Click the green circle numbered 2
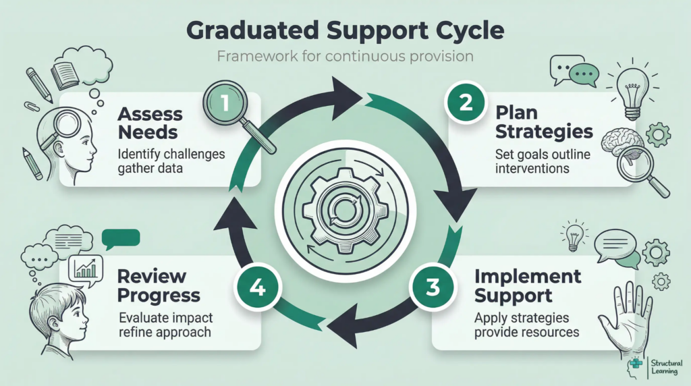[x=466, y=103]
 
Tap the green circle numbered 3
[x=433, y=287]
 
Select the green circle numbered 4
[x=257, y=288]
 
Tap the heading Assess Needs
[x=150, y=123]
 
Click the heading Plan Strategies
[x=544, y=122]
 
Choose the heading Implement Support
[x=528, y=285]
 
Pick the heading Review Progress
[x=159, y=285]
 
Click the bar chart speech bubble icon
[x=85, y=270]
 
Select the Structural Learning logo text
[x=666, y=367]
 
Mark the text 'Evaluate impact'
[x=166, y=318]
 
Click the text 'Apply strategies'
[x=522, y=318]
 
